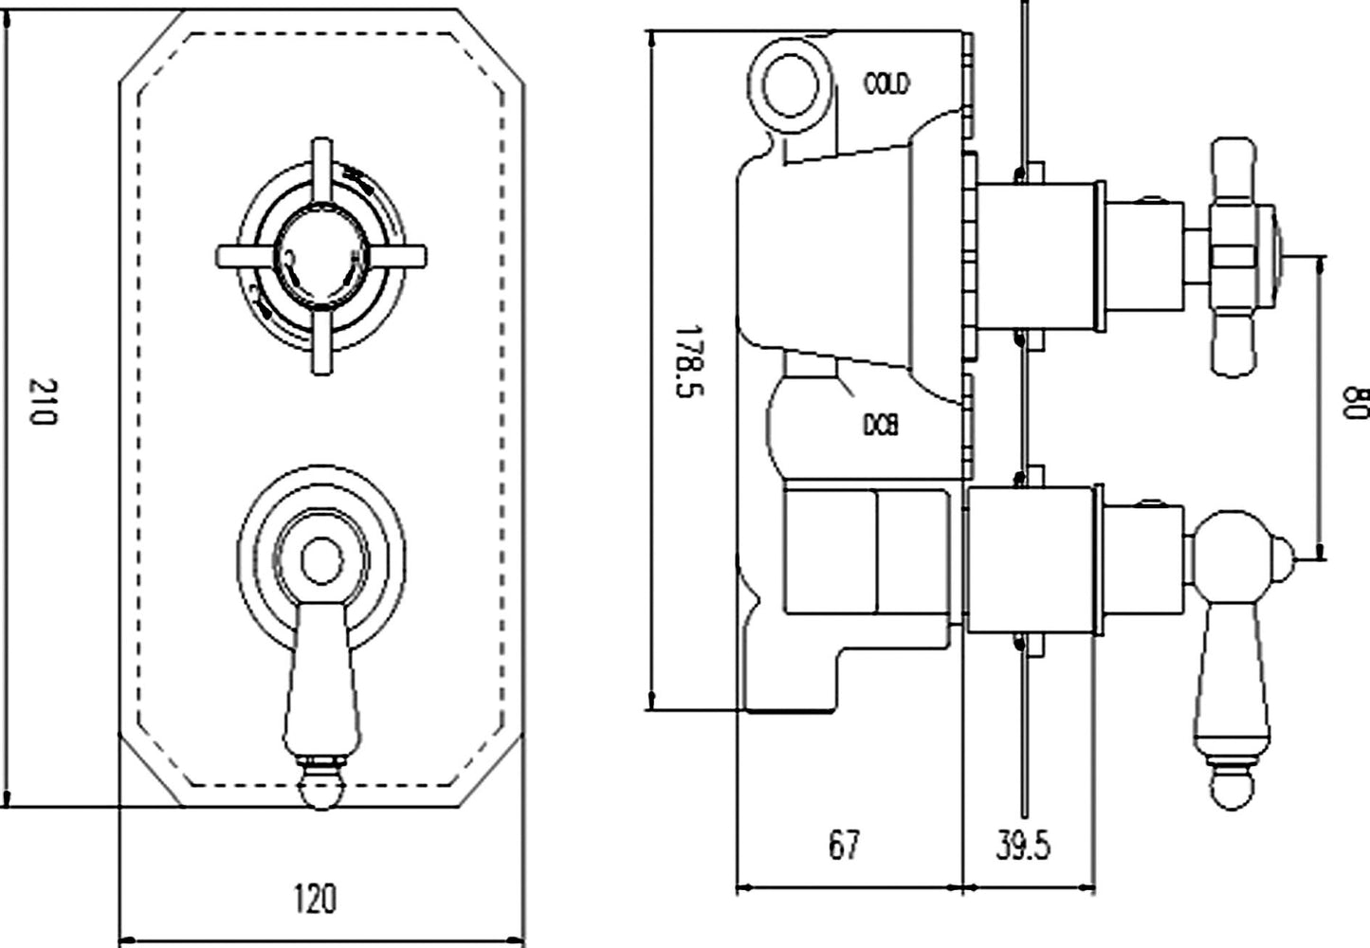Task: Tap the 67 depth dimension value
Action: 844,844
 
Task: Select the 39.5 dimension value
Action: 1023,844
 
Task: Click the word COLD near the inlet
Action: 886,83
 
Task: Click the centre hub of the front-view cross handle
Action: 320,256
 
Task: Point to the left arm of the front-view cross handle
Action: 243,256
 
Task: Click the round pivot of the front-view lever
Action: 320,562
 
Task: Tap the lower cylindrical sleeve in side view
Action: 1030,560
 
